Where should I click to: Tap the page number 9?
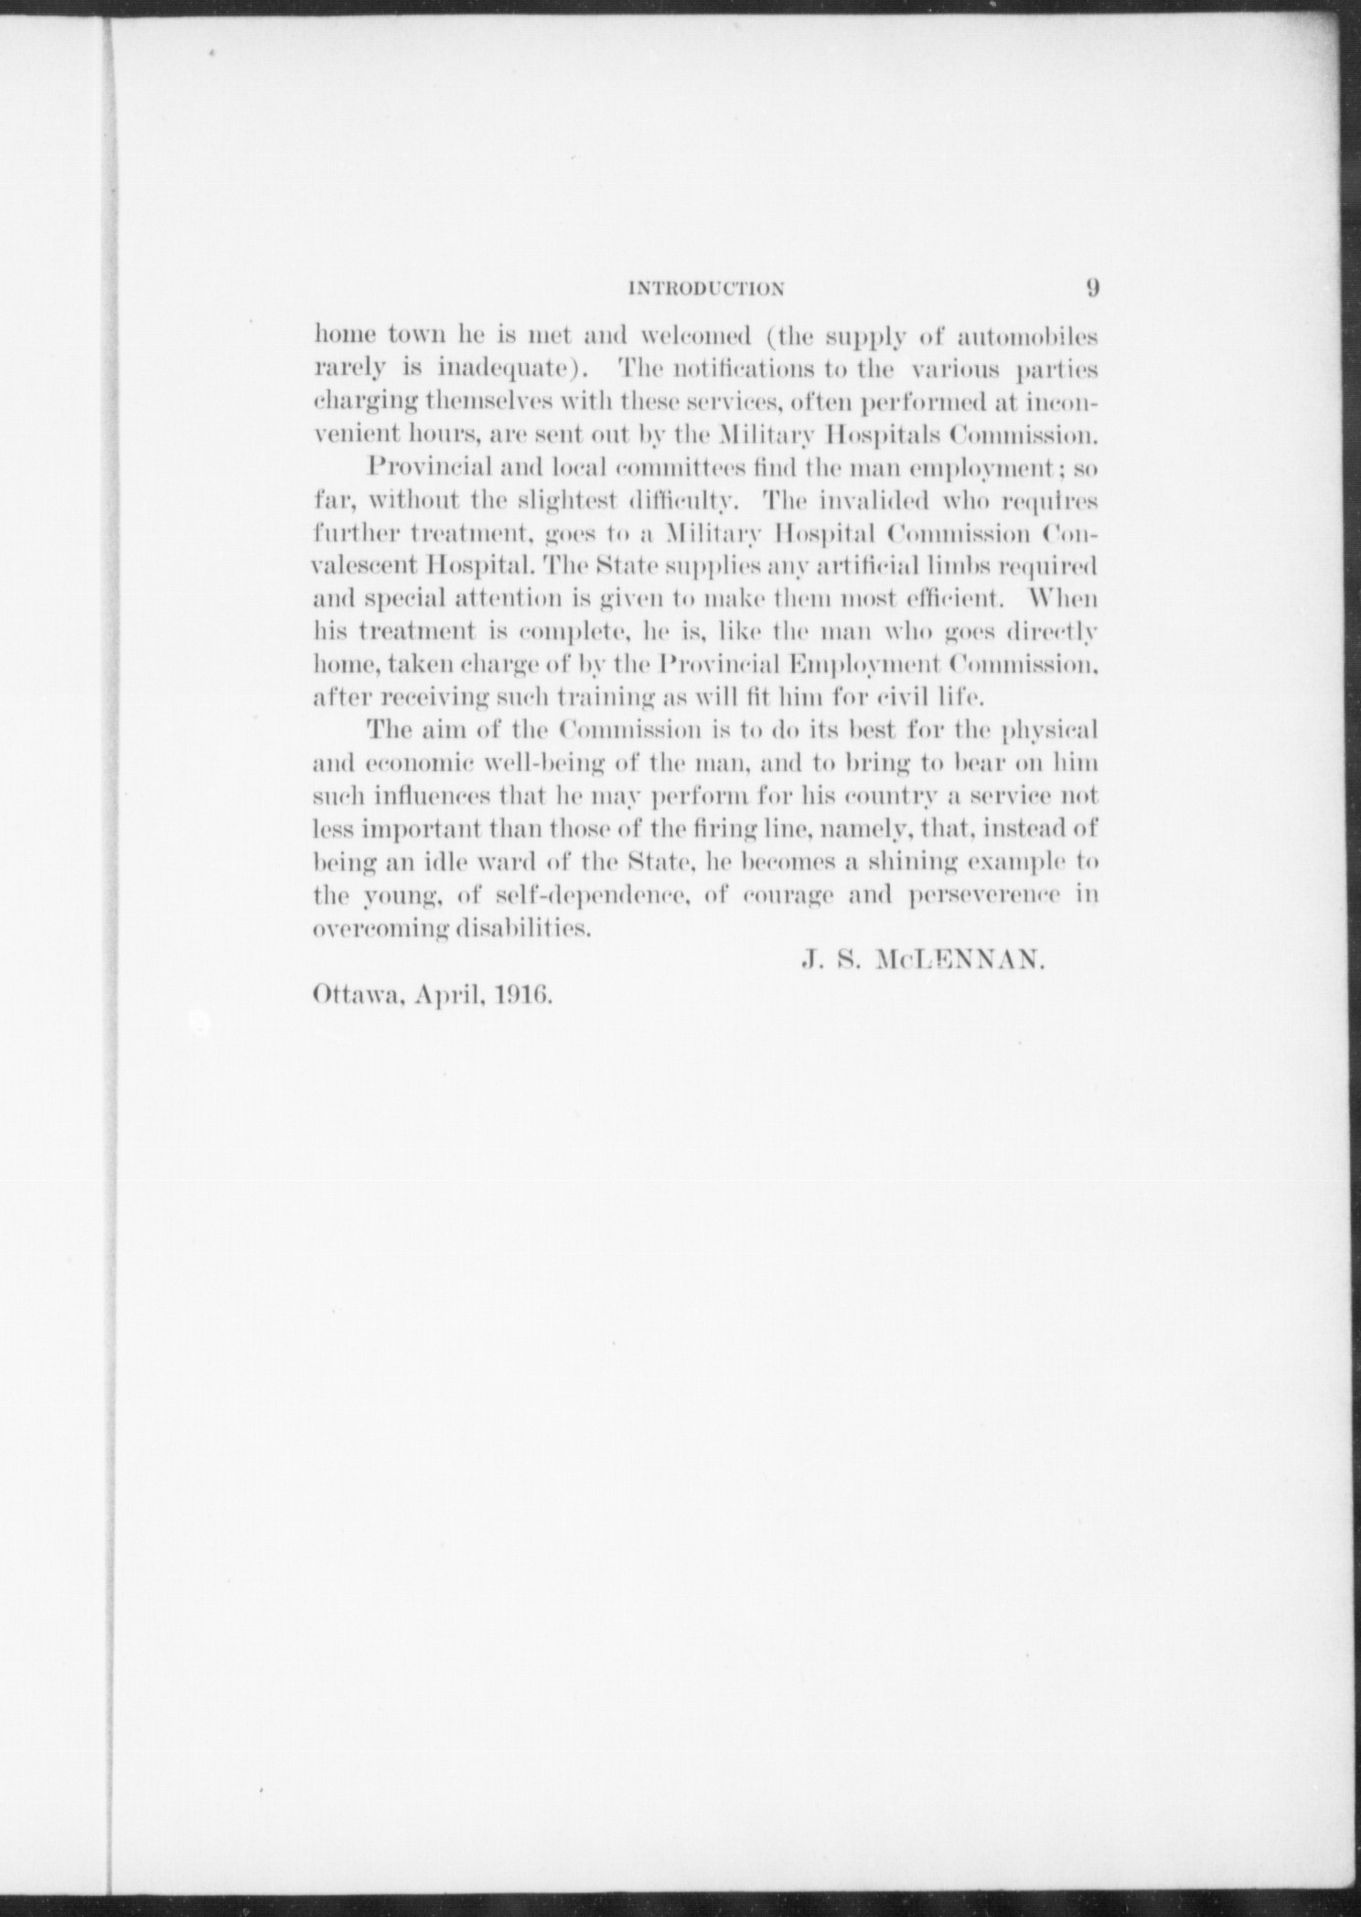coord(1092,287)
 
